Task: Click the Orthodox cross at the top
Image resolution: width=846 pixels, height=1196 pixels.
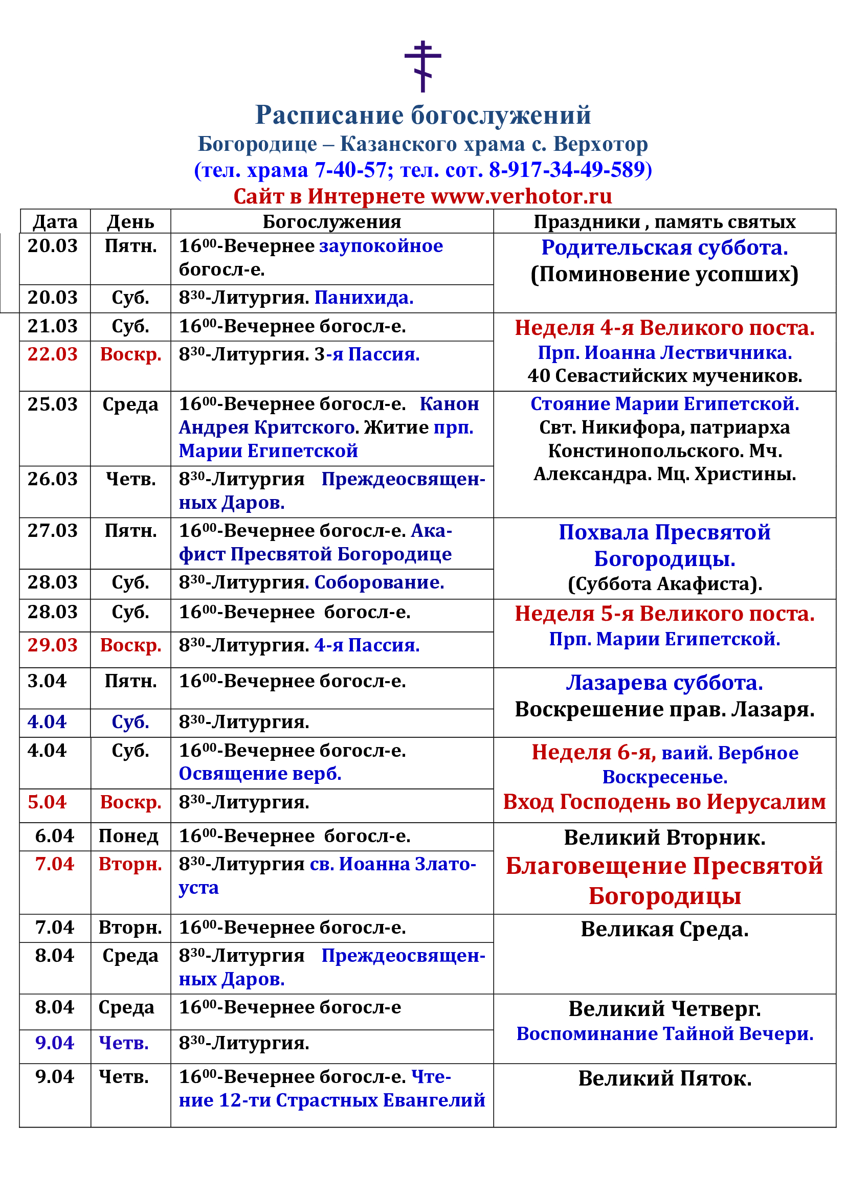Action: (x=422, y=66)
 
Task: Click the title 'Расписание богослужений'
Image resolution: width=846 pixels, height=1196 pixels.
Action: (x=422, y=115)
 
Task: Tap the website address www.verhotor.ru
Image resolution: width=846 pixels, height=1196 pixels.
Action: (x=521, y=196)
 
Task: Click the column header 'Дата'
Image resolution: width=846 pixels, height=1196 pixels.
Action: (x=55, y=222)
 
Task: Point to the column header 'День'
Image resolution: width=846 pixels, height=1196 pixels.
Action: (x=130, y=222)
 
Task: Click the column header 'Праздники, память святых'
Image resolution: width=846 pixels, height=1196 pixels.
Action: (x=664, y=222)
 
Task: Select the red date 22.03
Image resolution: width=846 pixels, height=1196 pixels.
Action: (x=53, y=354)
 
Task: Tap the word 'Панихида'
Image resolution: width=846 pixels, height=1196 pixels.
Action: (x=364, y=298)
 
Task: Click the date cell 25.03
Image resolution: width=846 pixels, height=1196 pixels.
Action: (x=53, y=404)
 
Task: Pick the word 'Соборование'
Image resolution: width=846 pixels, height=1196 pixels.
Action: (x=379, y=582)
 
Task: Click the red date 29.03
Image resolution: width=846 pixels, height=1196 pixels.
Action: (x=53, y=645)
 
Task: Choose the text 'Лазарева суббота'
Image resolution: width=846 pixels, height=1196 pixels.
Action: (x=664, y=683)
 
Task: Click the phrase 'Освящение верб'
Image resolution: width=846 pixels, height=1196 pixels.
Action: (x=260, y=774)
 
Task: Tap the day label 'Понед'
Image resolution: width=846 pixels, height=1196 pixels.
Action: (x=128, y=836)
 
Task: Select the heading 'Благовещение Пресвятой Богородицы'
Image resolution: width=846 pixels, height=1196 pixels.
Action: (x=664, y=881)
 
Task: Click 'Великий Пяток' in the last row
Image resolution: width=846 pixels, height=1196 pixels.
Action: (x=664, y=1078)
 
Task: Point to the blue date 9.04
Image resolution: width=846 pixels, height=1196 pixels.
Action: (x=55, y=1043)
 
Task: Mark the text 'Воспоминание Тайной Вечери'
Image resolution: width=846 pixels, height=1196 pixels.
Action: (x=664, y=1034)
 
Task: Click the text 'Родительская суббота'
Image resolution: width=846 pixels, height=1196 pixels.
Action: (x=664, y=248)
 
